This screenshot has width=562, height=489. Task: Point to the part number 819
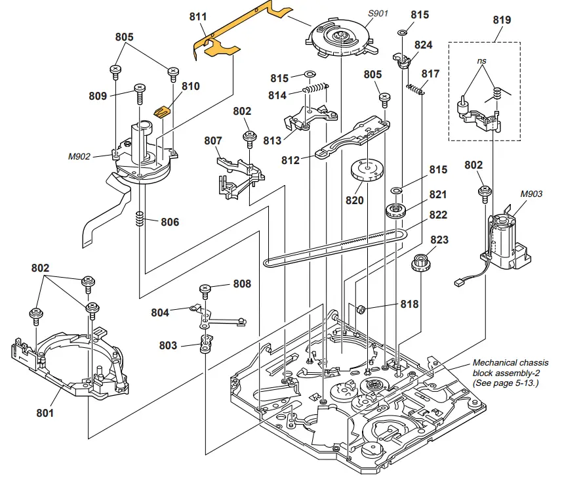pyautogui.click(x=502, y=20)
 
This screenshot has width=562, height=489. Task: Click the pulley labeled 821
pyautogui.click(x=395, y=211)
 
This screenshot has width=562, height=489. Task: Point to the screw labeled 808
pyautogui.click(x=205, y=289)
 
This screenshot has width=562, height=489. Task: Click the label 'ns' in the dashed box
pyautogui.click(x=482, y=60)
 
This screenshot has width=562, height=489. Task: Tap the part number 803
pyautogui.click(x=168, y=345)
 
